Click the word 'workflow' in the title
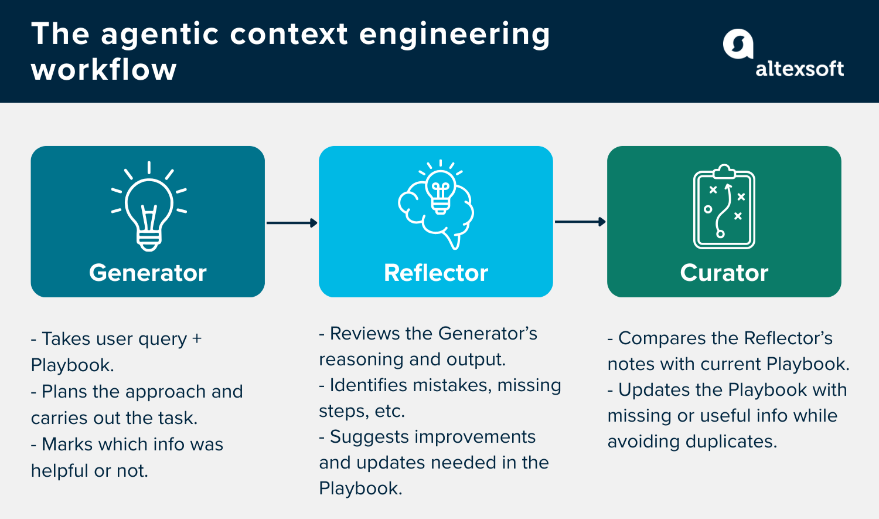click(x=104, y=70)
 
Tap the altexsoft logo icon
click(x=738, y=45)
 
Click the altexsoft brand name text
click(x=799, y=69)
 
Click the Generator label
click(x=148, y=273)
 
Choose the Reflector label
click(x=436, y=273)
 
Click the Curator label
click(x=724, y=273)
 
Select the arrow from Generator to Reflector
click(x=292, y=223)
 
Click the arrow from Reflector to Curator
click(x=580, y=222)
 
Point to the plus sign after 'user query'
click(x=197, y=339)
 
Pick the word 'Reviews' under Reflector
click(x=364, y=334)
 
